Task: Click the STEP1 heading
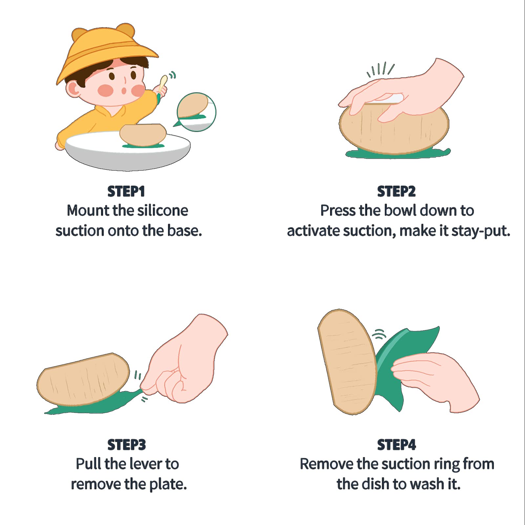pos(126,192)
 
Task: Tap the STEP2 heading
pos(396,192)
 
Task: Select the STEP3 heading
pos(127,445)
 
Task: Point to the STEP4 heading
pos(397,445)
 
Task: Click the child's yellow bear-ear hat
pos(105,49)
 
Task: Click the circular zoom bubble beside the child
pos(196,112)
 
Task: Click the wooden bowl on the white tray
pos(143,135)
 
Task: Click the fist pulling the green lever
pos(184,361)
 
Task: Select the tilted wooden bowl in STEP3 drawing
pos(84,380)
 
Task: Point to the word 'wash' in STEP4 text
pos(428,484)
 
